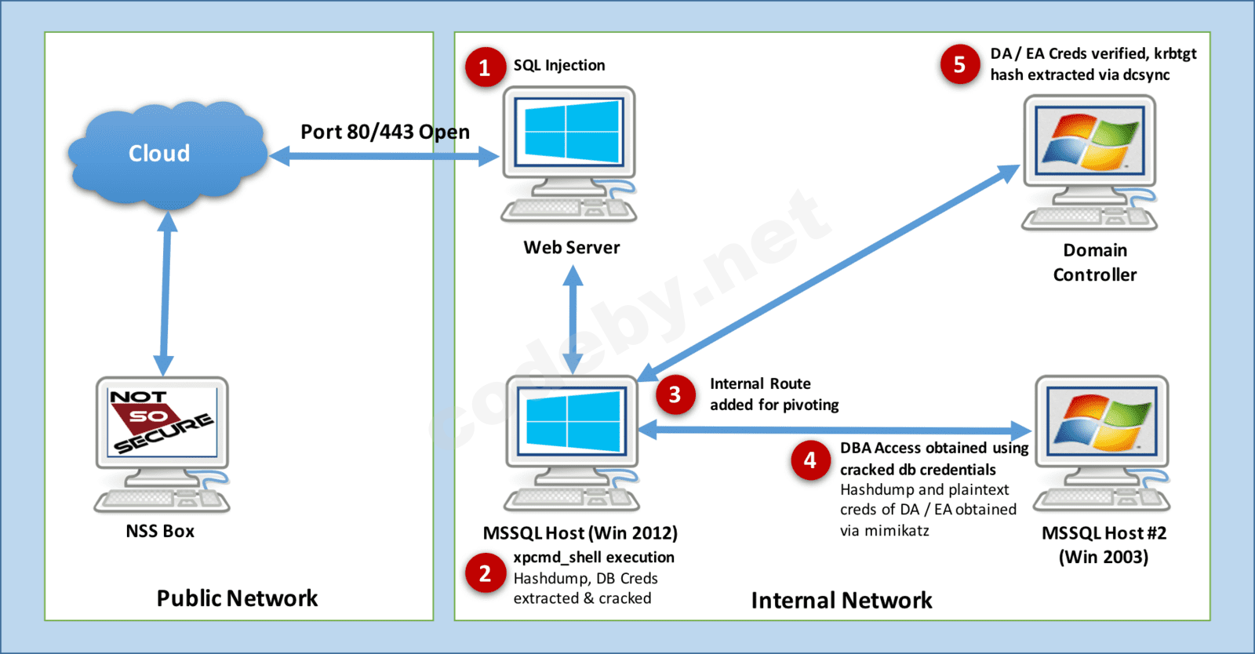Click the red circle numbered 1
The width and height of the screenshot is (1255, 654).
[x=485, y=67]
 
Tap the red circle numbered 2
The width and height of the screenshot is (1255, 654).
[x=485, y=573]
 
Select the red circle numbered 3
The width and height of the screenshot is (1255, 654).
[x=675, y=394]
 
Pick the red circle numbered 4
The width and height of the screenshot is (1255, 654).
[x=810, y=460]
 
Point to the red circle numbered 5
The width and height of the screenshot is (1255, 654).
[x=959, y=64]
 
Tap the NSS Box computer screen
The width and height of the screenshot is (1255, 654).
[x=162, y=421]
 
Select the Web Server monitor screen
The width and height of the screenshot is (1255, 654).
[x=569, y=132]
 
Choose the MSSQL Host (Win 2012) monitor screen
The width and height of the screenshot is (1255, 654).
[x=572, y=421]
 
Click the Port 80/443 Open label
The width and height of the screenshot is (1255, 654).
[x=385, y=132]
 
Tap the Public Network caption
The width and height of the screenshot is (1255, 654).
[x=237, y=598]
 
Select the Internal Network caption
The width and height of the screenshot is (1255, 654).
[x=842, y=601]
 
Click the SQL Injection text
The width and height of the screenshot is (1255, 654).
[x=559, y=65]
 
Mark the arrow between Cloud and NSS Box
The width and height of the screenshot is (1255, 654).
[x=166, y=294]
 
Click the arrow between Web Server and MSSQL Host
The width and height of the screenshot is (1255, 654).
[x=573, y=319]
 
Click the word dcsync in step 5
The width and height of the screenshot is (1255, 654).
[x=1146, y=75]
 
